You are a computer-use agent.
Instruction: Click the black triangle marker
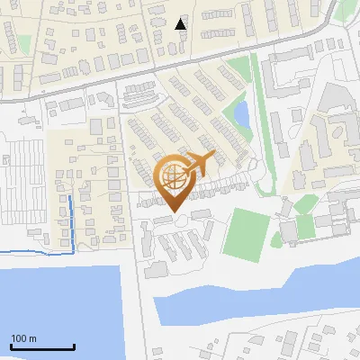pos(181,23)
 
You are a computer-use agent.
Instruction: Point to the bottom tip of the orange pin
pos(171,212)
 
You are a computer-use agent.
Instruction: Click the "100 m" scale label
pos(23,338)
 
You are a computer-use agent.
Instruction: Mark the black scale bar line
pos(42,346)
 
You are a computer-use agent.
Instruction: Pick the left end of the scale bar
pos(12,346)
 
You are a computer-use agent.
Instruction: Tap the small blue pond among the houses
pos(241,114)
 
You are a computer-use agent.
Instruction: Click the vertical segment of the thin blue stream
pos(70,220)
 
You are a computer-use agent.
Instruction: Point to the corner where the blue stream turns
pos(70,250)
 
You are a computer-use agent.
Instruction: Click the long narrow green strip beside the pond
pos(260,126)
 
